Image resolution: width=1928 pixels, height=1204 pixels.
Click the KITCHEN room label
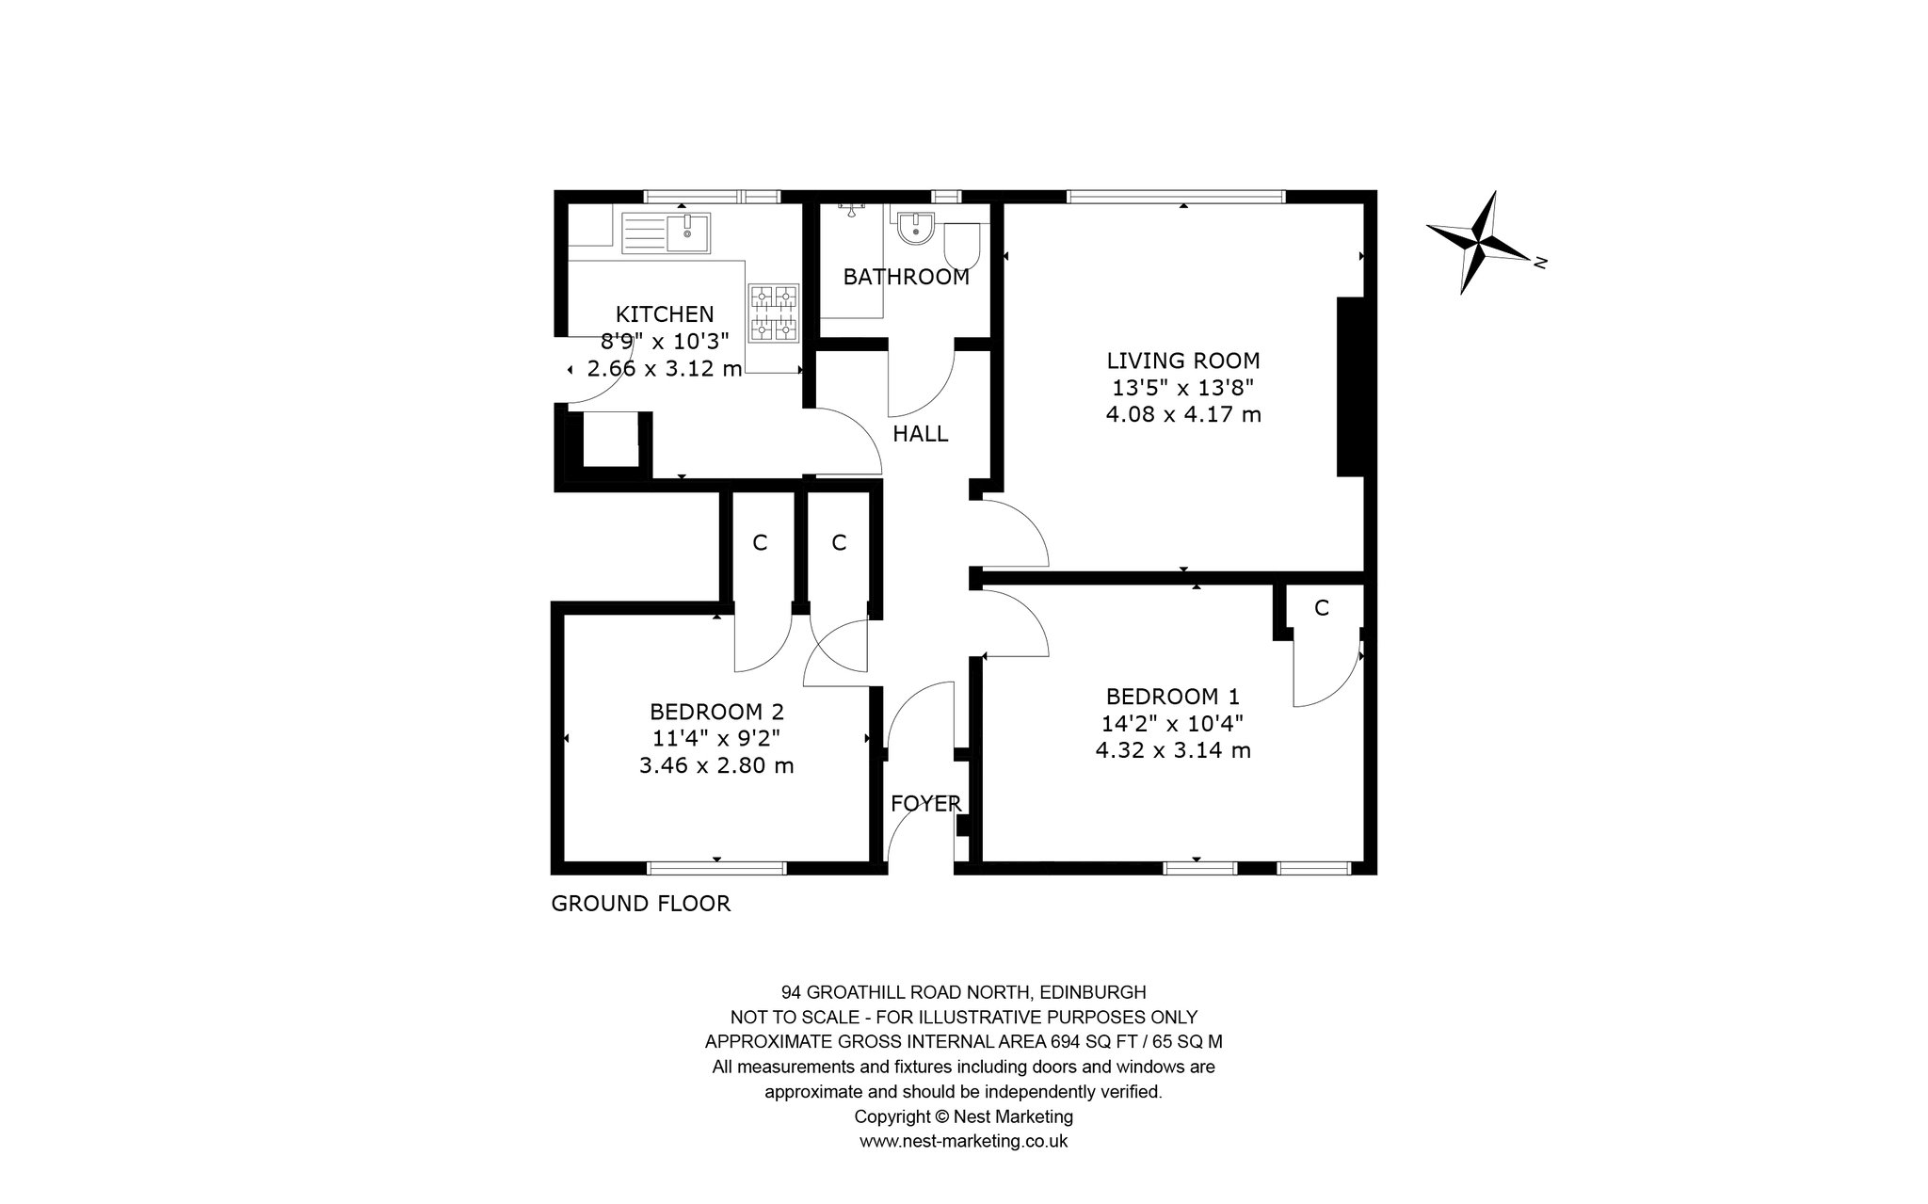(x=665, y=313)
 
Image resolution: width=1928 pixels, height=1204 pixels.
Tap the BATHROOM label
(x=906, y=277)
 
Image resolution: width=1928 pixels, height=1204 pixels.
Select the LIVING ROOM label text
(x=1182, y=361)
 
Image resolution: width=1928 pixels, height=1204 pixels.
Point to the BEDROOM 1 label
(x=1173, y=697)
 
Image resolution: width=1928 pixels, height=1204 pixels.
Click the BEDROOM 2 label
(x=716, y=712)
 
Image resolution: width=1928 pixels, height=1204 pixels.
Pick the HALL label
(x=920, y=434)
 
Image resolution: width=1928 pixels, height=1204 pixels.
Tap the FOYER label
(x=926, y=803)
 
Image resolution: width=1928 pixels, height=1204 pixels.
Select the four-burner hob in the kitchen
(x=774, y=313)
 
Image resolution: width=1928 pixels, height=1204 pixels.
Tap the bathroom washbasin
(x=915, y=227)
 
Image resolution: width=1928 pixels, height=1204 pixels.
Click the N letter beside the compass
(x=1540, y=263)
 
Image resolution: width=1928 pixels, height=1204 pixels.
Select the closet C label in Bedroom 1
(x=1322, y=608)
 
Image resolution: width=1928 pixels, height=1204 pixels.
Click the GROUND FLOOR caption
(x=640, y=904)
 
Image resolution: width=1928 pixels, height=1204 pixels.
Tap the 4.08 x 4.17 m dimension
(x=1183, y=413)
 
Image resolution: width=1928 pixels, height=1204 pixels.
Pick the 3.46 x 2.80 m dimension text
(x=716, y=765)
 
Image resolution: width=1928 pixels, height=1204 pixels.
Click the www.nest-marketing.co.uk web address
(x=963, y=1141)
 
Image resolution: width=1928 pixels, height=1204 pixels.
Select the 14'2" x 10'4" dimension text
(x=1173, y=723)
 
